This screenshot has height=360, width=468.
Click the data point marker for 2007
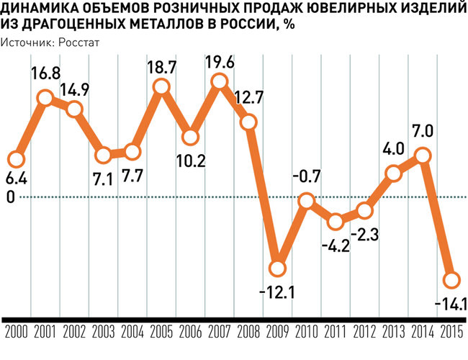click(x=220, y=84)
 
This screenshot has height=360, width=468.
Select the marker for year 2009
click(x=278, y=269)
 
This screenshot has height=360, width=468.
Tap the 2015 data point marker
click(x=452, y=280)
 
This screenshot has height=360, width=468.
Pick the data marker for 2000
click(x=16, y=158)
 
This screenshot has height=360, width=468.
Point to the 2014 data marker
click(x=423, y=155)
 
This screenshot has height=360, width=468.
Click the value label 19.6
click(x=220, y=63)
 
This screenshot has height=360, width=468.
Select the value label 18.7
click(x=162, y=67)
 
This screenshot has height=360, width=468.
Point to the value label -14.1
click(x=451, y=302)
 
